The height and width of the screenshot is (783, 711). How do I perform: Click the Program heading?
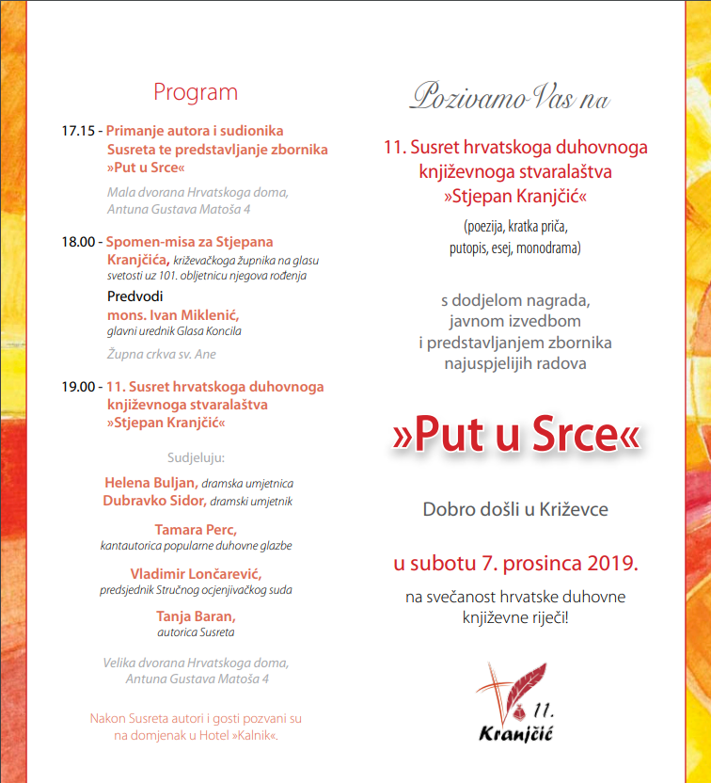click(196, 92)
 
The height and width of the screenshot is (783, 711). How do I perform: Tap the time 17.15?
click(78, 132)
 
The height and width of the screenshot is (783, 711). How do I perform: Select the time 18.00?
click(78, 242)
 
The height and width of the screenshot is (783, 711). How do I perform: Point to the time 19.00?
click(78, 387)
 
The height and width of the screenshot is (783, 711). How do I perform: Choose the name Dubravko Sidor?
click(154, 501)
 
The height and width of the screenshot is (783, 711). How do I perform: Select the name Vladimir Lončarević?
click(196, 574)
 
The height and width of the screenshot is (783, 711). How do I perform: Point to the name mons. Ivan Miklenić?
click(174, 314)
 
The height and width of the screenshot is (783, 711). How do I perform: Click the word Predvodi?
click(135, 296)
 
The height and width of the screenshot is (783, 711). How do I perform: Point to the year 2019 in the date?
click(610, 565)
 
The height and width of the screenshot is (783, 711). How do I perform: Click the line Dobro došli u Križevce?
click(515, 510)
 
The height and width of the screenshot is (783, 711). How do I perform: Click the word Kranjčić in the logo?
click(514, 730)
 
